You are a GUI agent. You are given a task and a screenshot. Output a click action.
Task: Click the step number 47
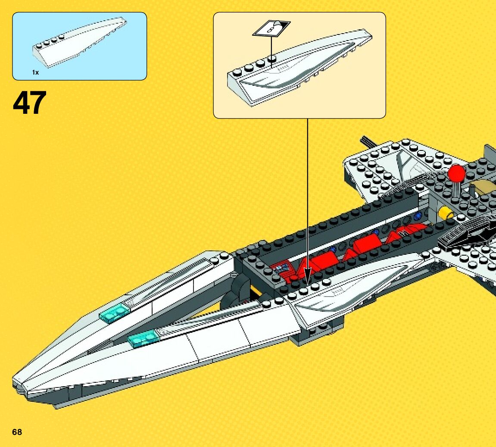[29, 103]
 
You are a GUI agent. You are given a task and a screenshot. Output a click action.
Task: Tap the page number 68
[17, 432]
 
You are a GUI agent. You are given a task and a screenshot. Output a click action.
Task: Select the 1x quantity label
[35, 72]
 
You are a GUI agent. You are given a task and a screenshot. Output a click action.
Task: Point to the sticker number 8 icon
[271, 29]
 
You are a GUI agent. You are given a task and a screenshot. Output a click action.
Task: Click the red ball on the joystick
[456, 174]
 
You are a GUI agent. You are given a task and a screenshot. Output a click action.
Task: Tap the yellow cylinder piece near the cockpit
[444, 213]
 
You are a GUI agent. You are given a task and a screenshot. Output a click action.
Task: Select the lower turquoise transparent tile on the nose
[143, 339]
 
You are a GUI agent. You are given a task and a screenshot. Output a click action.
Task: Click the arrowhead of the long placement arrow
[308, 275]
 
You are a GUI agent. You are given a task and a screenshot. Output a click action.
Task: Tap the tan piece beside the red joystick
[481, 188]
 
